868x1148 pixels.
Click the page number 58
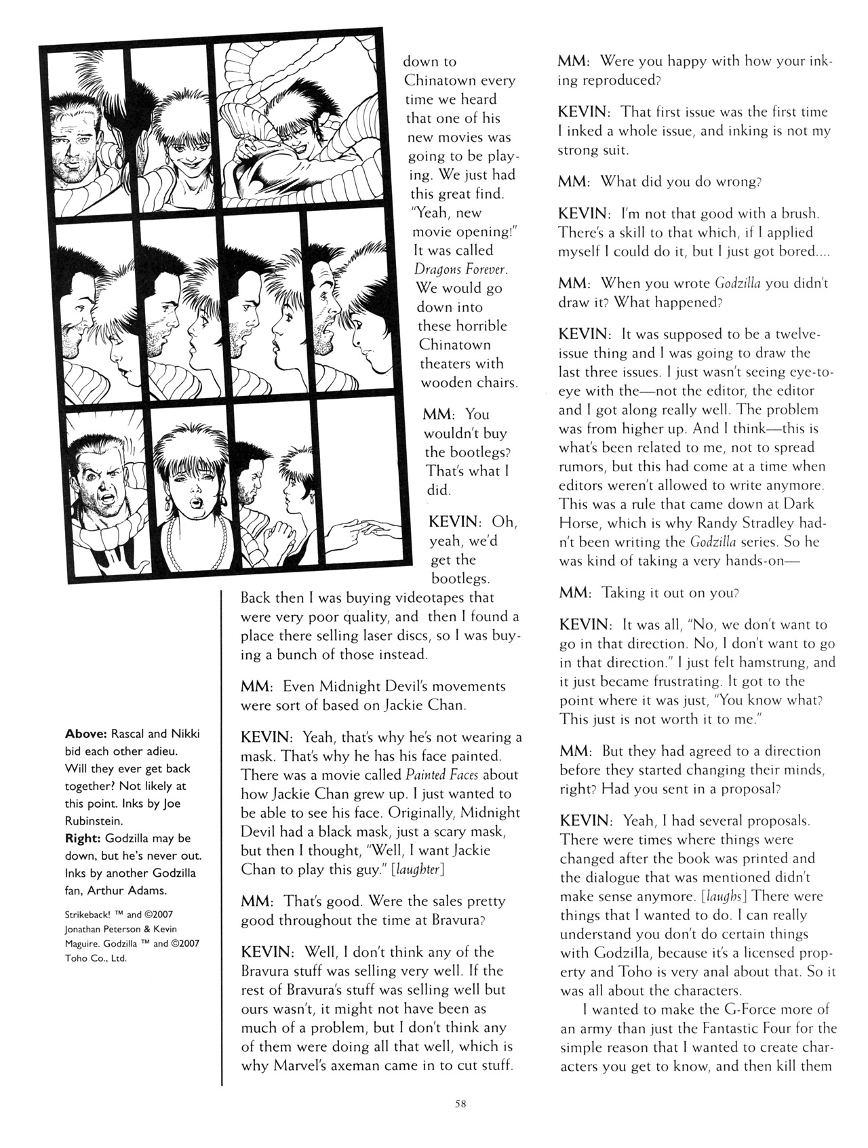pyautogui.click(x=460, y=1103)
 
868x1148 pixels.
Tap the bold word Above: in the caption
pyautogui.click(x=85, y=734)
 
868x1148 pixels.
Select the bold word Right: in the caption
pyautogui.click(x=83, y=839)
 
